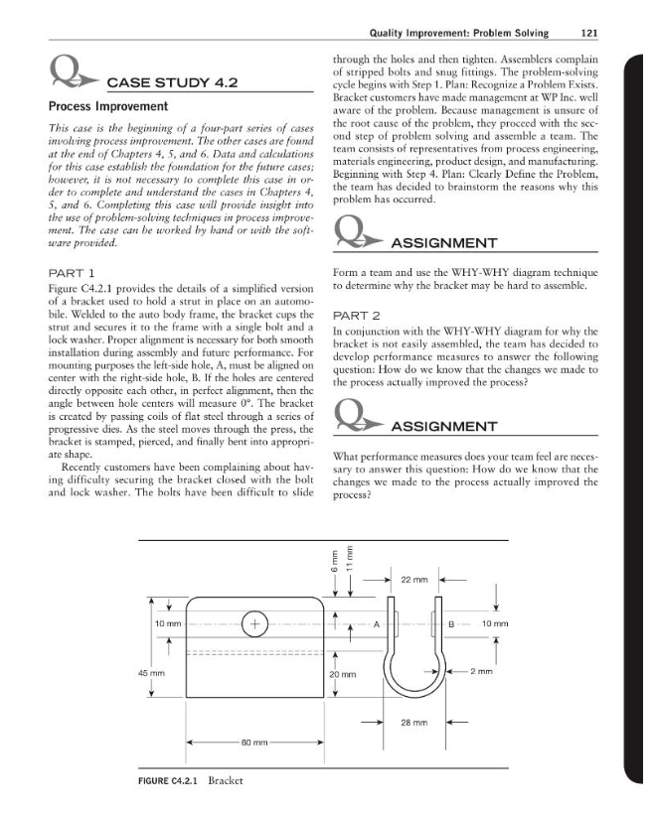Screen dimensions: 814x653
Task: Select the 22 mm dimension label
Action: coord(386,580)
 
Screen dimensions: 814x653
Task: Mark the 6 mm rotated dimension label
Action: coord(337,561)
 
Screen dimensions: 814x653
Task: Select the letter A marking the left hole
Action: coord(376,624)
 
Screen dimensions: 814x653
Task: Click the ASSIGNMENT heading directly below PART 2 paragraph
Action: coord(445,427)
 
